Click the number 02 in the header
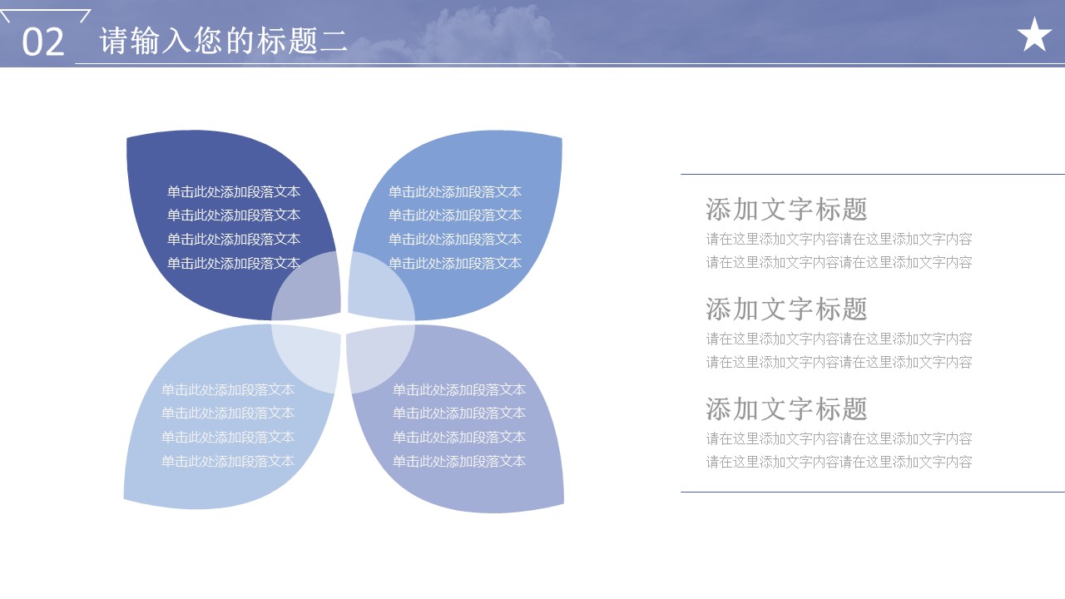coord(43,42)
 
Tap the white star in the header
coord(1034,35)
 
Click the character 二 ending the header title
coord(334,41)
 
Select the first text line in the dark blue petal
coord(234,191)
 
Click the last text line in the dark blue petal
coord(234,263)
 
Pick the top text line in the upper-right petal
coord(455,191)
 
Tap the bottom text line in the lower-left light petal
coord(228,461)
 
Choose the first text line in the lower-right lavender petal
coord(458,390)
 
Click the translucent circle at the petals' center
coord(343,322)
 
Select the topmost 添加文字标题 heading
coord(787,209)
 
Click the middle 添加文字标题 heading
coord(787,309)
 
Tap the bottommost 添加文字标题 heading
coord(787,408)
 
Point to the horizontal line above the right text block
coord(873,175)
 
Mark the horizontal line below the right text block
coord(873,492)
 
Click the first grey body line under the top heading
coord(840,239)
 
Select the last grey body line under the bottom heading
coord(840,462)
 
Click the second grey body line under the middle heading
coord(840,362)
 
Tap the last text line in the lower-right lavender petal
coord(458,461)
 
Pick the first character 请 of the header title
coord(113,41)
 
